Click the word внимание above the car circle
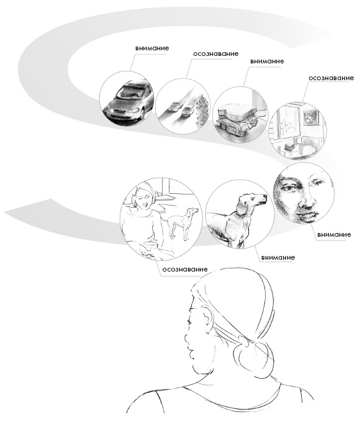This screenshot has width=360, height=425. (152, 48)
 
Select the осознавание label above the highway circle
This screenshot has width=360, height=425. (216, 53)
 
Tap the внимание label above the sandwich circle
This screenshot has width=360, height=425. (267, 62)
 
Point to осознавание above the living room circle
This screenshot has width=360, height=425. (331, 78)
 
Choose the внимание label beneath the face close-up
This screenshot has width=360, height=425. (334, 234)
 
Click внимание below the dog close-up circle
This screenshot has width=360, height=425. (278, 257)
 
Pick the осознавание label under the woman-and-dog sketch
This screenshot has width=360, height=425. (185, 270)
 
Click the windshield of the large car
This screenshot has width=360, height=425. (132, 91)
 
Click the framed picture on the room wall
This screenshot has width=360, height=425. (311, 117)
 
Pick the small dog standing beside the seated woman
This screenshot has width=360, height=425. (182, 223)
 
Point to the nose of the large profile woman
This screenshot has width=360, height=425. (187, 339)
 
